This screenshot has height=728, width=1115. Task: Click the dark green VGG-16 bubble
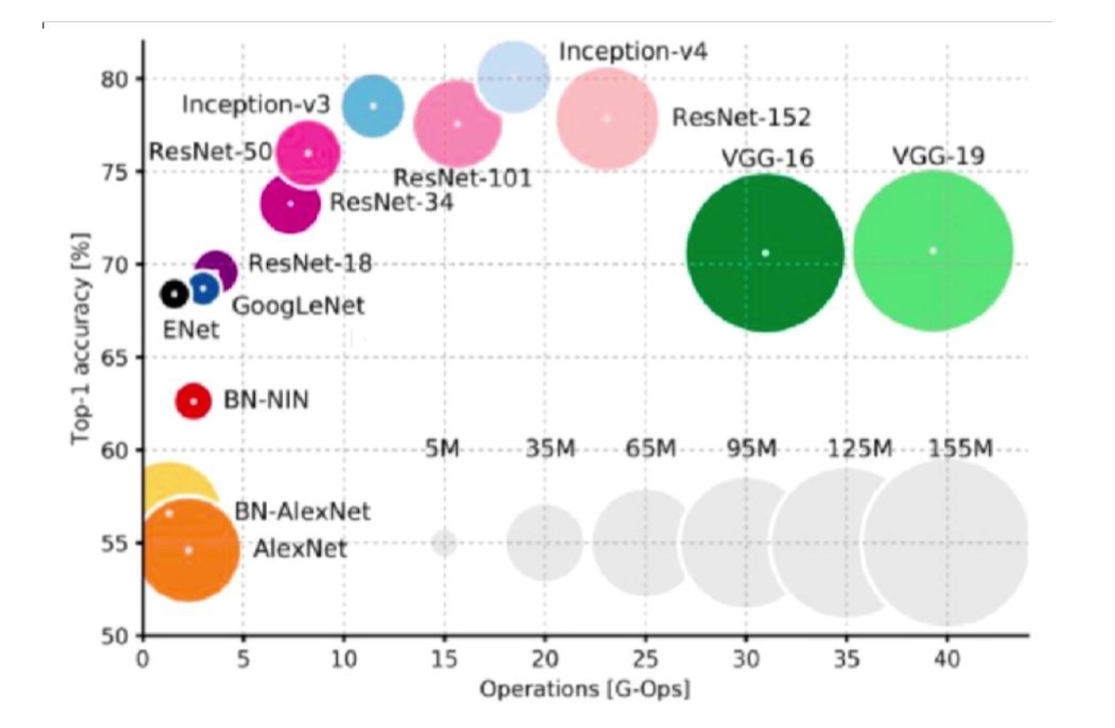click(x=764, y=253)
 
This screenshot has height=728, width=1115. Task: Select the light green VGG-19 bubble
click(x=933, y=251)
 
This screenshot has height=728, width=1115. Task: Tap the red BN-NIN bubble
click(x=193, y=401)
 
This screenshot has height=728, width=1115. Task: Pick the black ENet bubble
click(x=174, y=294)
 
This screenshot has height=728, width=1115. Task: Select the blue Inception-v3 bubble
click(x=373, y=106)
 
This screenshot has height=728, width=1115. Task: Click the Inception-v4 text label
click(x=633, y=52)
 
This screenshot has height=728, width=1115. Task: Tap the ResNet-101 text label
click(x=462, y=178)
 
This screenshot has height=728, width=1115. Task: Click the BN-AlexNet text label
click(x=302, y=511)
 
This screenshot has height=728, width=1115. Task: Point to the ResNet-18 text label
click(x=310, y=264)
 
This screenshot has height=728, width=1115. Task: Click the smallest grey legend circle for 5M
click(x=444, y=542)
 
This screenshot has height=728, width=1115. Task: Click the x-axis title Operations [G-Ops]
click(x=585, y=689)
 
